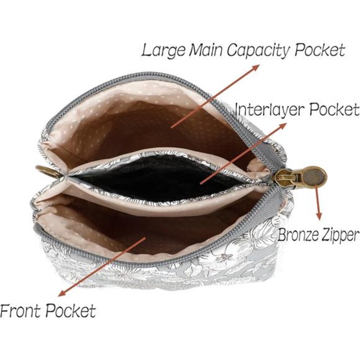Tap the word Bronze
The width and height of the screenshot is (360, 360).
tap(298, 234)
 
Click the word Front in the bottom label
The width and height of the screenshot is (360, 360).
tap(21, 311)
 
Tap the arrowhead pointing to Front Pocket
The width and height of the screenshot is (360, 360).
tap(62, 293)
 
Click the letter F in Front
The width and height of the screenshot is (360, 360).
tap(5, 311)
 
